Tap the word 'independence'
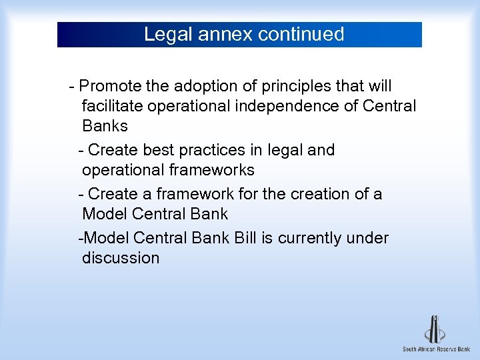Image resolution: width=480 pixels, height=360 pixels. (x=293, y=106)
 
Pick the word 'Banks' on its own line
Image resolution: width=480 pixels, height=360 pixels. (x=105, y=125)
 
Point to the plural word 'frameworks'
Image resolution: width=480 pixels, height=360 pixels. (x=212, y=170)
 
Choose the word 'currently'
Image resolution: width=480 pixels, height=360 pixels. (x=310, y=238)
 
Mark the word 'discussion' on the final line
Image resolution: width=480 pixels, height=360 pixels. (x=121, y=258)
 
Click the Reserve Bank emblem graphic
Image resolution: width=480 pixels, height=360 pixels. (x=435, y=329)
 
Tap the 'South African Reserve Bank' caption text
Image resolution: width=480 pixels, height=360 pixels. (x=435, y=349)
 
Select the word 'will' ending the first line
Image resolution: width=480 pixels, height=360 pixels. (x=380, y=87)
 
